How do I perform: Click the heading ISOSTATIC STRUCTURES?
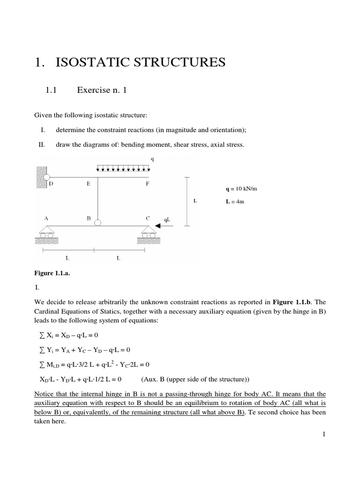tap(131, 62)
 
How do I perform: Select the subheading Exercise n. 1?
tap(101, 91)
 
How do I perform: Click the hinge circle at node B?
tap(97, 222)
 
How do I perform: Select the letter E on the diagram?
tap(88, 184)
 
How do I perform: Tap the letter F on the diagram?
tap(147, 184)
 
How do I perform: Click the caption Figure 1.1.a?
tap(52, 272)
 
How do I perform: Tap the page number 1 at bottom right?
tap(323, 434)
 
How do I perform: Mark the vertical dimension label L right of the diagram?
tap(195, 201)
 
